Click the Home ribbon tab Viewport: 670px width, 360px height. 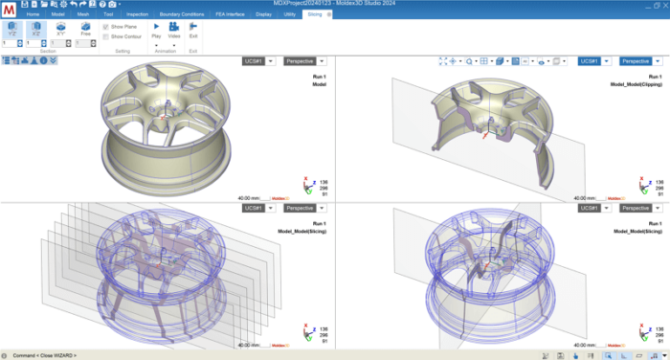pos(33,15)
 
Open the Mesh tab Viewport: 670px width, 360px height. pos(83,15)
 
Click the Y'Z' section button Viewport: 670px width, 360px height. pos(12,31)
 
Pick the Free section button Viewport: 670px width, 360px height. pos(86,31)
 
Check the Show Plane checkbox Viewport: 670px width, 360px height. pos(105,27)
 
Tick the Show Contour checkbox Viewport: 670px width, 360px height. pos(105,36)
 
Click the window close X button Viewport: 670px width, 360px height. pos(661,5)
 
